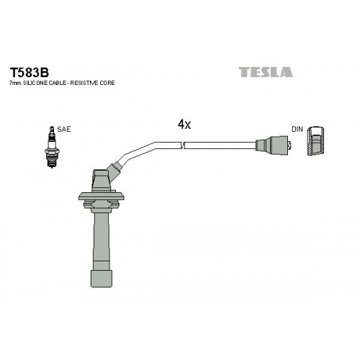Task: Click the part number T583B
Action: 29,71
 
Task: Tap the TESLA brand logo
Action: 266,72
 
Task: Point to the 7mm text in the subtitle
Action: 14,83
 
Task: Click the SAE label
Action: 64,129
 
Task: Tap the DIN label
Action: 297,129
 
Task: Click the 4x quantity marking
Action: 184,125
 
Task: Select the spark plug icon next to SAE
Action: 52,147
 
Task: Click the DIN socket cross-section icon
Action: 316,140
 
